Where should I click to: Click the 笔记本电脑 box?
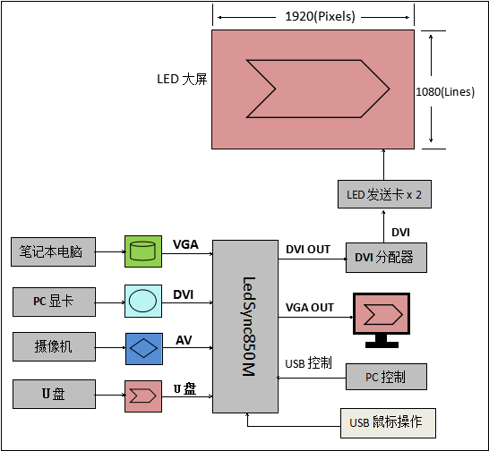click(x=54, y=251)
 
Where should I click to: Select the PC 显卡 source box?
click(x=54, y=302)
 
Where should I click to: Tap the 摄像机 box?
click(x=54, y=346)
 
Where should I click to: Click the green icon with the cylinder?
click(x=143, y=251)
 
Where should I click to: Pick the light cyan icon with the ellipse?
click(x=143, y=301)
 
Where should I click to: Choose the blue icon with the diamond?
click(x=144, y=349)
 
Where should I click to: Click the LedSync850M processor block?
click(x=245, y=327)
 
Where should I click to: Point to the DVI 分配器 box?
click(x=386, y=258)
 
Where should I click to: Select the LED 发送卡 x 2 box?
click(x=384, y=194)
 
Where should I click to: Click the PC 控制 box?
click(x=386, y=377)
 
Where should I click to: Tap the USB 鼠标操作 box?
click(x=388, y=423)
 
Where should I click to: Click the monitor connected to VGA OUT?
click(x=382, y=320)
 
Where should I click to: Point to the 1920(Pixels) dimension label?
click(x=321, y=16)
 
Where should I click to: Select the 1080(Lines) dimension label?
click(x=445, y=91)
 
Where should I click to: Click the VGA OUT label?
click(x=310, y=307)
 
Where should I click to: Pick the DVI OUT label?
click(x=308, y=250)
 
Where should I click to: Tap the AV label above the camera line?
click(x=184, y=340)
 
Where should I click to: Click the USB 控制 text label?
click(x=308, y=362)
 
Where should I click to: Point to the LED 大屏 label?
click(x=182, y=79)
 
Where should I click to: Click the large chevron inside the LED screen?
click(x=318, y=89)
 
